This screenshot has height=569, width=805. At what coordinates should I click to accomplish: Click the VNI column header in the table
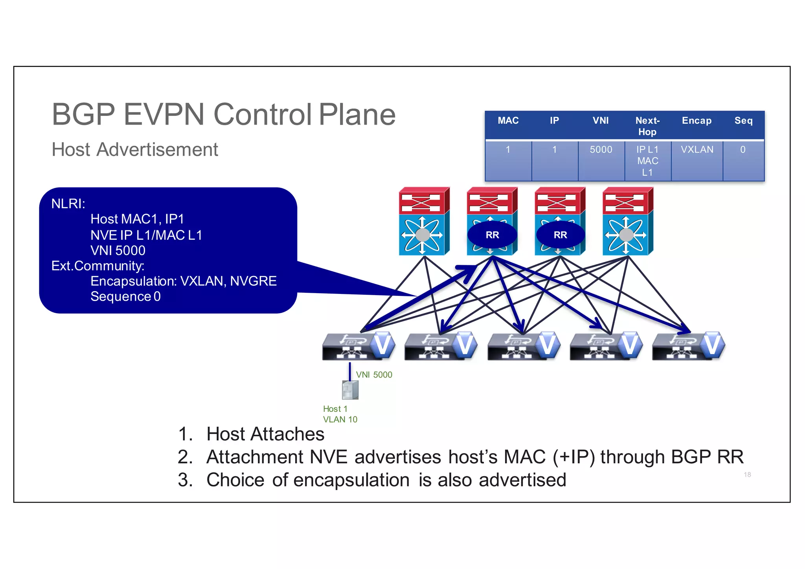click(x=600, y=121)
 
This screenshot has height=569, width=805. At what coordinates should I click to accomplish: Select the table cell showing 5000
click(x=601, y=150)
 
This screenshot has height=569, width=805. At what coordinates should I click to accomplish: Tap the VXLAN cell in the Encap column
click(x=697, y=150)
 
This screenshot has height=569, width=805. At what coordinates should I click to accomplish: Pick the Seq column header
click(x=743, y=121)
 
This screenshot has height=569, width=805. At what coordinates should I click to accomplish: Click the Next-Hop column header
click(x=647, y=126)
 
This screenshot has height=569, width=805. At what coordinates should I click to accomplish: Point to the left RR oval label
click(x=492, y=235)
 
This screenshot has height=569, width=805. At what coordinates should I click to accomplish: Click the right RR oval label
click(x=560, y=235)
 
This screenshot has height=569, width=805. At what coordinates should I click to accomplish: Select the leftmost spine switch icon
click(x=424, y=221)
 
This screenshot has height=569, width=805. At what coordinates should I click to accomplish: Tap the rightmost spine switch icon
click(x=627, y=221)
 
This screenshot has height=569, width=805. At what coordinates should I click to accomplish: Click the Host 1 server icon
click(x=350, y=390)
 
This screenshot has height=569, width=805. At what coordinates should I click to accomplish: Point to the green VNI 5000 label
click(x=374, y=375)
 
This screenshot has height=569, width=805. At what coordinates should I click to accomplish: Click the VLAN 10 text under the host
click(x=340, y=420)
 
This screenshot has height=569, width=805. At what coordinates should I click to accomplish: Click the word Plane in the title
click(x=357, y=115)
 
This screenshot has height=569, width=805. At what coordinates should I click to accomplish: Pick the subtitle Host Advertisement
click(x=135, y=150)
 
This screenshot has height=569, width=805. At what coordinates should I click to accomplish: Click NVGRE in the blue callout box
click(x=253, y=281)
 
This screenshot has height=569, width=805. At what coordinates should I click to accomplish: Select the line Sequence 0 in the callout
click(x=125, y=297)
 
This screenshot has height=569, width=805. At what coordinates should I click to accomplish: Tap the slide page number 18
click(x=747, y=475)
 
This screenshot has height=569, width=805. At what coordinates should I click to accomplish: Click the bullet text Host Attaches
click(x=265, y=434)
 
